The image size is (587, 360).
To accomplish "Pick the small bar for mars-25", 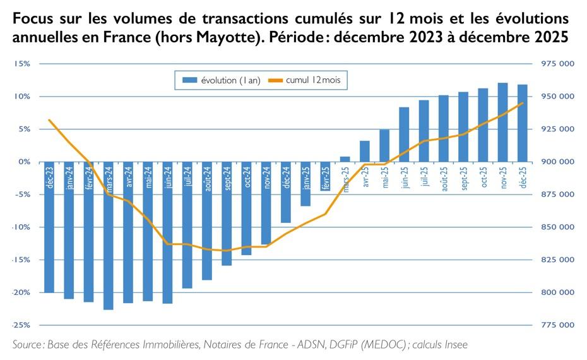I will click(x=345, y=159).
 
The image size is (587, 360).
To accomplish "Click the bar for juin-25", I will click(x=404, y=135).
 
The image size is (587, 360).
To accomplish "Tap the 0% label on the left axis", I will click(x=24, y=162).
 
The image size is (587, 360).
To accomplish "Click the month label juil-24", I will click(x=187, y=177).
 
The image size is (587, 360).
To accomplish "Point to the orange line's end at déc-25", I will click(x=523, y=103).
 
